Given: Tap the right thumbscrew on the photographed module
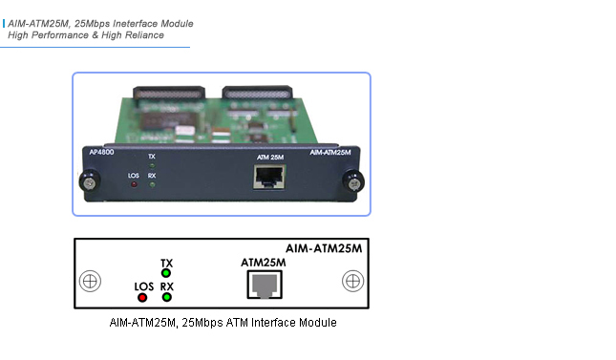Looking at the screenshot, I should click(354, 180).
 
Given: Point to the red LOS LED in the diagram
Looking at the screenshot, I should click(143, 296).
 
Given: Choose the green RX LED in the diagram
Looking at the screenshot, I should click(166, 296).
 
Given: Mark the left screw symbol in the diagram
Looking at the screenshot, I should click(89, 282).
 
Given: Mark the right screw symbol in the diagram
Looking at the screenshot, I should click(352, 282).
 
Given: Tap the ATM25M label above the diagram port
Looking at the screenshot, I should click(264, 262).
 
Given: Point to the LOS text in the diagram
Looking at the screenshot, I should click(144, 285).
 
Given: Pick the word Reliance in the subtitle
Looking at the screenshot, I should click(143, 34).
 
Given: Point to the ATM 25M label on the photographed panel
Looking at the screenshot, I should click(270, 154).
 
